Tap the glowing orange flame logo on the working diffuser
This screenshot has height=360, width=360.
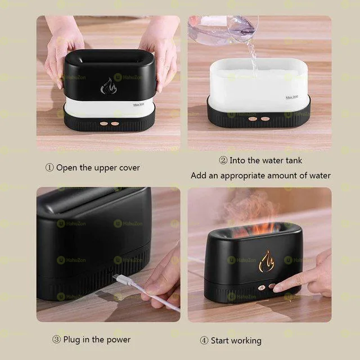point(266,260)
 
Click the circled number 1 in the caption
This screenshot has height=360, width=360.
point(49,168)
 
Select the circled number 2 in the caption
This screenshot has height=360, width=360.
point(223,161)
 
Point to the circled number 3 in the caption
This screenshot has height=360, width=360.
point(56,340)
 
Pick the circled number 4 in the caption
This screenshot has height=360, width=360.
point(204,340)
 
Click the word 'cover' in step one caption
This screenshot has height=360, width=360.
point(129,168)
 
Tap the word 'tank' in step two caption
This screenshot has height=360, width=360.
point(291,161)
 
